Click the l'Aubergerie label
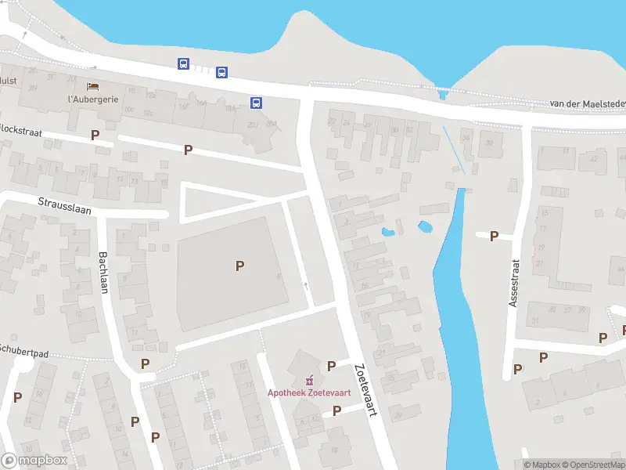[x=92, y=99]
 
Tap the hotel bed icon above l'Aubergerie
[x=92, y=86]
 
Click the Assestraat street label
[x=514, y=283]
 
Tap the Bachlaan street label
[x=103, y=272]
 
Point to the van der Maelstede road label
[x=588, y=104]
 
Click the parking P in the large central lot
[x=239, y=266]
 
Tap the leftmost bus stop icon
[x=183, y=64]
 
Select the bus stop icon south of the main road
[x=256, y=103]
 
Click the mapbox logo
[x=34, y=460]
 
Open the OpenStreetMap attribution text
[x=595, y=465]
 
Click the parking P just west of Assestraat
[x=494, y=236]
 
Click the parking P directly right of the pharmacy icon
[x=331, y=366]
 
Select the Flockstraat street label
[x=21, y=128]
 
